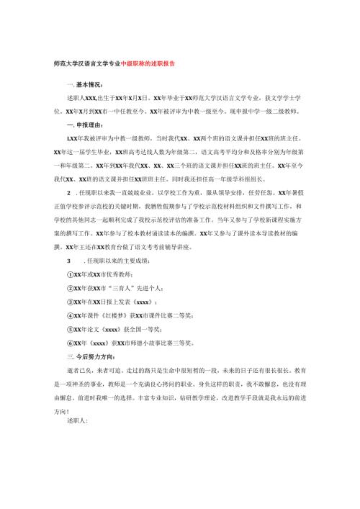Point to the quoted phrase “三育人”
coord(118,289)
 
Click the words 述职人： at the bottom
coord(76,422)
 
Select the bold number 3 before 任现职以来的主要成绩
coord(68,261)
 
